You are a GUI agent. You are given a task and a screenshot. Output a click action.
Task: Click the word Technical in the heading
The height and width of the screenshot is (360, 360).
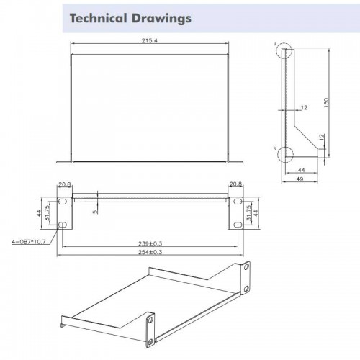coord(98,18)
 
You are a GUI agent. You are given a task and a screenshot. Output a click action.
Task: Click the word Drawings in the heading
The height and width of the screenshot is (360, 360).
coord(161,19)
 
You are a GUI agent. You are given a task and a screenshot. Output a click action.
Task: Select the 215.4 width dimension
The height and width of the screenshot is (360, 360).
coord(149,40)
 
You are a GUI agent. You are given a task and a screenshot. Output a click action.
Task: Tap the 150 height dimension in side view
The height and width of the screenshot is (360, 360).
coord(326,102)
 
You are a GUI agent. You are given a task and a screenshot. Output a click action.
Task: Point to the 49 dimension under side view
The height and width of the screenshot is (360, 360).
coord(300,179)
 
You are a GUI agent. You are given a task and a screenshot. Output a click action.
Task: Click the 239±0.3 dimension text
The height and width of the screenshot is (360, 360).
coord(150,243)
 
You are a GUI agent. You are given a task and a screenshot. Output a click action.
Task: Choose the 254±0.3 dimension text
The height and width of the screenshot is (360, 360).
coord(150,252)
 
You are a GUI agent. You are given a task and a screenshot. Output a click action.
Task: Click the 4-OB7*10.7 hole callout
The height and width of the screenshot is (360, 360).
coord(29,241)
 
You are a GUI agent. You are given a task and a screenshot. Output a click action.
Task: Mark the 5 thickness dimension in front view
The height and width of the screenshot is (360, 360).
coord(96,212)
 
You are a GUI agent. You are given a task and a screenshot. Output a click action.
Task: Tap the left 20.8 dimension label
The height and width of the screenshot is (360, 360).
coord(65,184)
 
